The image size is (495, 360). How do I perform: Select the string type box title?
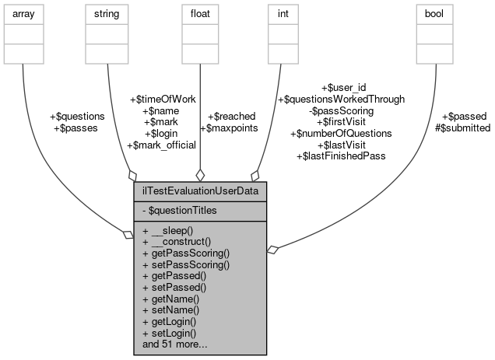click(x=107, y=13)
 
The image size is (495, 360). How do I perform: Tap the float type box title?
click(x=201, y=13)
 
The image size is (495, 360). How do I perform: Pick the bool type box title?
click(x=435, y=13)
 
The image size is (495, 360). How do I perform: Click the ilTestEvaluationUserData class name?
click(x=201, y=191)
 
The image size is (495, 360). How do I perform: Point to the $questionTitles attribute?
click(x=184, y=209)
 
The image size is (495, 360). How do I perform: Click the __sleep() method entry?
click(x=174, y=232)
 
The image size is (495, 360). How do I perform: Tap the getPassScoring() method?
click(x=186, y=253)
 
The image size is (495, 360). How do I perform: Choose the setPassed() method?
click(x=179, y=287)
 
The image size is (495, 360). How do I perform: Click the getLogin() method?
click(x=175, y=320)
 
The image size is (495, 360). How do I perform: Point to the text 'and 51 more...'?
click(x=175, y=343)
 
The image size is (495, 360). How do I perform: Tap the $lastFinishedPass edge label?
click(x=341, y=156)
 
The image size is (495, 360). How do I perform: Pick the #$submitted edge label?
click(x=463, y=128)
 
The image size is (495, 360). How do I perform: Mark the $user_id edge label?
click(x=341, y=89)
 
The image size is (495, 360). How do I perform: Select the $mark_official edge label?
click(x=161, y=145)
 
